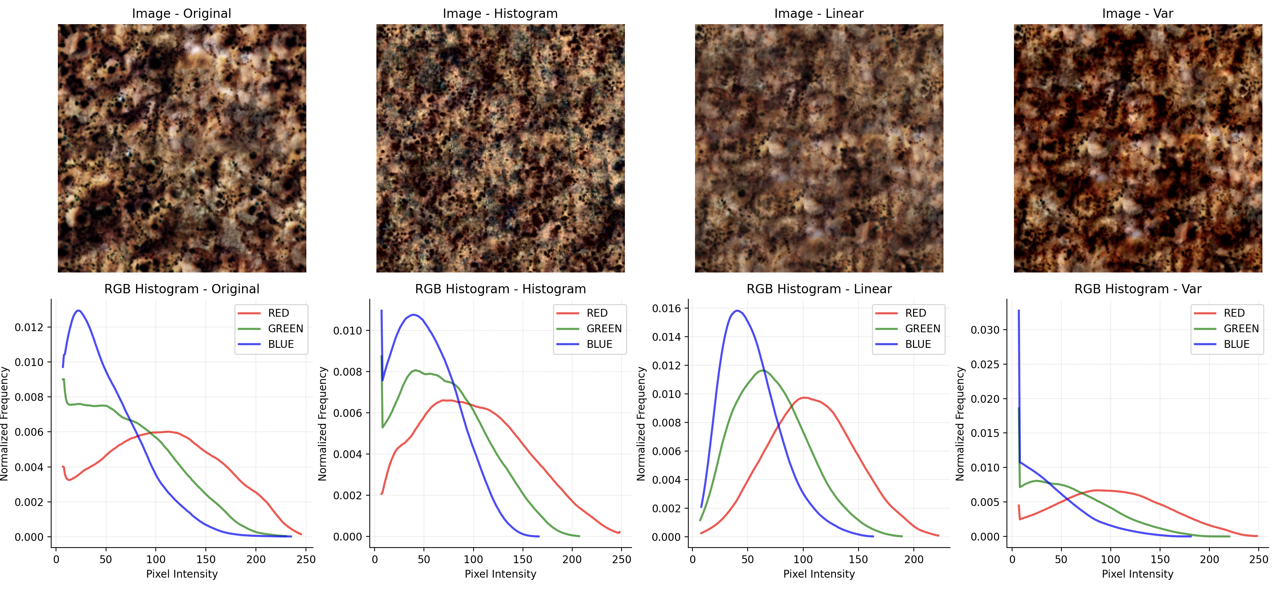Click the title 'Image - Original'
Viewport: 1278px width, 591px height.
coord(182,13)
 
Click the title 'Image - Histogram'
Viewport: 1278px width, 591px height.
coord(500,13)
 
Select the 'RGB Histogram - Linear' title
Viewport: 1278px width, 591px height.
coord(819,289)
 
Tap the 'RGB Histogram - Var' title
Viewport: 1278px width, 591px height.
coord(1137,289)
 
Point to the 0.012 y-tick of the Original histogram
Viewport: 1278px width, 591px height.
coord(29,327)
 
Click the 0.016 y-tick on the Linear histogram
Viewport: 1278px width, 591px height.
coord(666,308)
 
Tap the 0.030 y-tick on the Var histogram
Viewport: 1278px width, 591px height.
coord(985,330)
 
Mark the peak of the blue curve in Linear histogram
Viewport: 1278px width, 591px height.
coord(738,311)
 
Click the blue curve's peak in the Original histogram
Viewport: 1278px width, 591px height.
coord(78,311)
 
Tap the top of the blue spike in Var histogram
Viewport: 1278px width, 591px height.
coord(1018,311)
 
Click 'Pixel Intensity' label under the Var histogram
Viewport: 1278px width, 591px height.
coord(1137,575)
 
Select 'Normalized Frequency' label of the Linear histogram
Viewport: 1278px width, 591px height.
coord(640,424)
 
